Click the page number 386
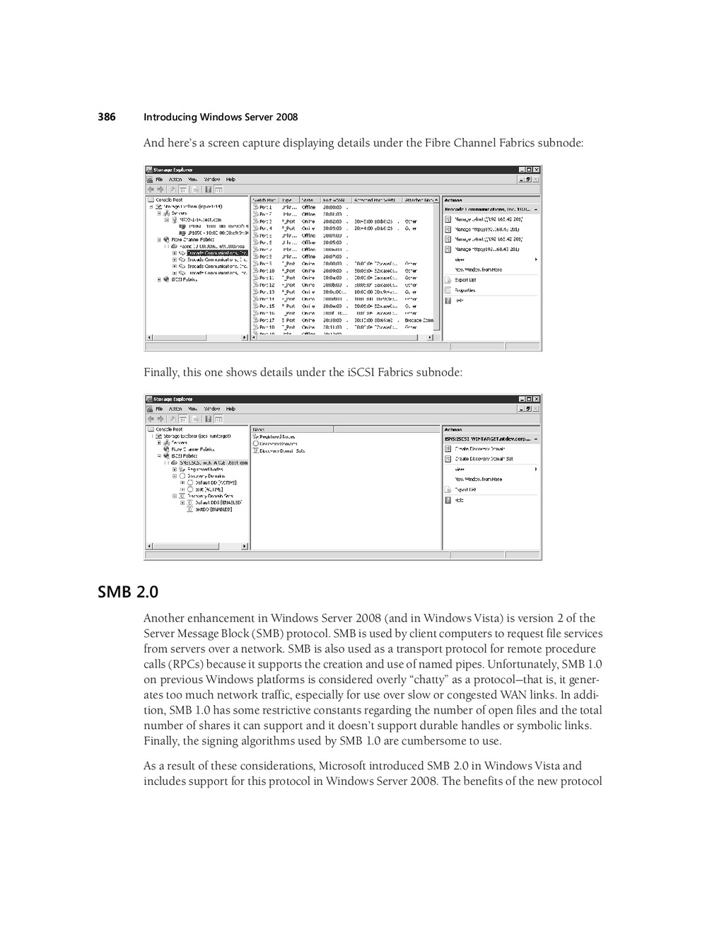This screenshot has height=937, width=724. (106, 117)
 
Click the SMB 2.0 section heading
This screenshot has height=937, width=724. (128, 592)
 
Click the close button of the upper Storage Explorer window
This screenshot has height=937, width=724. (537, 170)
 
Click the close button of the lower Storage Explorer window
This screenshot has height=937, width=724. (537, 399)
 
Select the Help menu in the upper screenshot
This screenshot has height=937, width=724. (230, 180)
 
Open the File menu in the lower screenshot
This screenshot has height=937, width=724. (160, 409)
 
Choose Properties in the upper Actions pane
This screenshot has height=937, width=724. (465, 290)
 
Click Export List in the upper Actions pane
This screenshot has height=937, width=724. (465, 280)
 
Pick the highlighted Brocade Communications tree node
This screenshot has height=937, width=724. (217, 252)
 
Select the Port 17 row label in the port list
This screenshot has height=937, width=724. (267, 320)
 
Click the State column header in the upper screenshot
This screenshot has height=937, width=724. (308, 200)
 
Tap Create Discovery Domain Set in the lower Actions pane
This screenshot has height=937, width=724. (484, 459)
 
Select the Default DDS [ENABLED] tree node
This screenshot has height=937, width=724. (218, 503)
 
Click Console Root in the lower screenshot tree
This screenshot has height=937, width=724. (169, 429)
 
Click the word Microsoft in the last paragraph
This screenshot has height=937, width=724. (342, 766)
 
